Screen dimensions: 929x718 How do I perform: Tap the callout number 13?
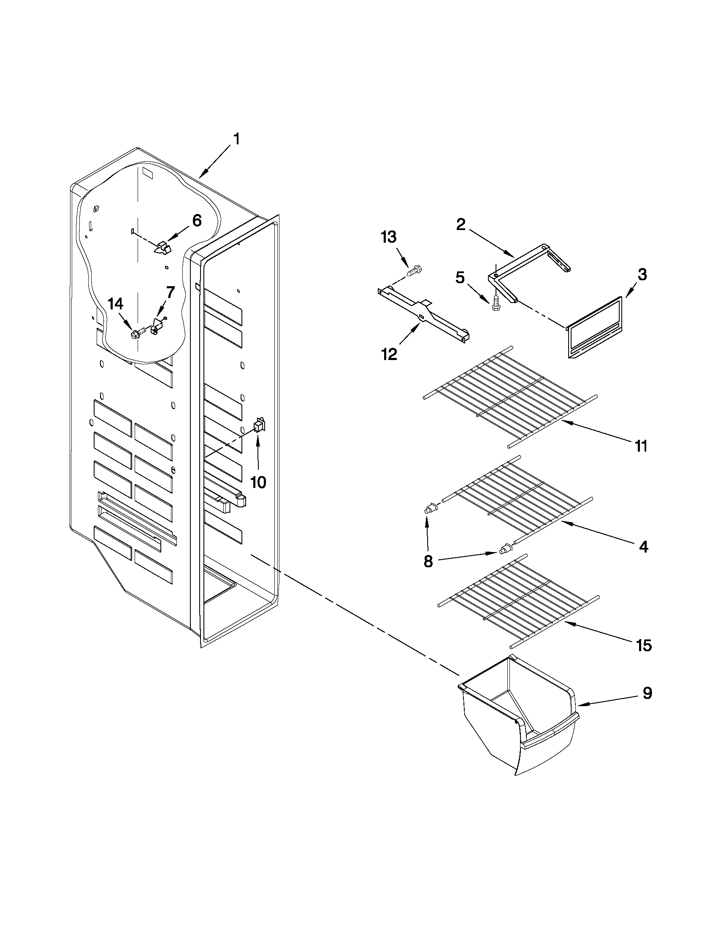tap(388, 237)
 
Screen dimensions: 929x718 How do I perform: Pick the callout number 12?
tap(389, 353)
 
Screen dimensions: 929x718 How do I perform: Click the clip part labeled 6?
tap(161, 248)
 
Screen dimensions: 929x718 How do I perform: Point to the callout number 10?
tap(258, 482)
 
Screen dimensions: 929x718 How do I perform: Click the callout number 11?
tap(641, 446)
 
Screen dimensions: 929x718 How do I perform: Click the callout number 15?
tap(644, 646)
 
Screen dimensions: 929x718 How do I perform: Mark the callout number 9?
tap(647, 693)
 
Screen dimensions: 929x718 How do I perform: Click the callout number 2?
tap(461, 224)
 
